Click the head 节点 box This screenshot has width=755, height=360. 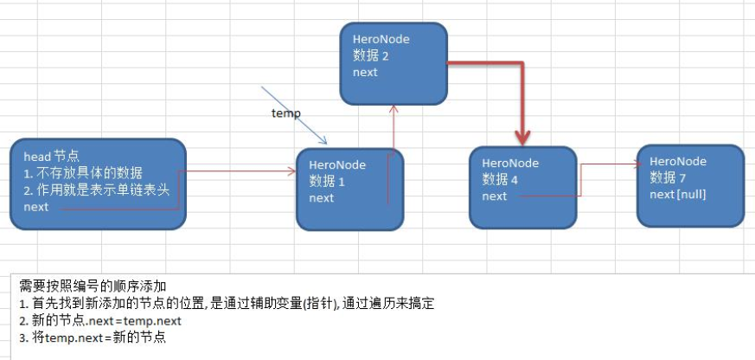[x=98, y=183]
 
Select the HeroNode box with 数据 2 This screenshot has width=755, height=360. [x=394, y=61]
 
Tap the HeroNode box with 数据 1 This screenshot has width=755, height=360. [x=349, y=189]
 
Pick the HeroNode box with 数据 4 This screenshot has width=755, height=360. [x=522, y=187]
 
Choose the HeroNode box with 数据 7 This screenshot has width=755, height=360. [x=690, y=185]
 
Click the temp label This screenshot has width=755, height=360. [x=285, y=113]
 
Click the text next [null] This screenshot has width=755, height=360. [x=678, y=194]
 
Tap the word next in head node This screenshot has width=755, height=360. [x=36, y=208]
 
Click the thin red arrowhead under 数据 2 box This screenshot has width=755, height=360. [x=394, y=109]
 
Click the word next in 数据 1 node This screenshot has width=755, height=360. [x=322, y=198]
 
